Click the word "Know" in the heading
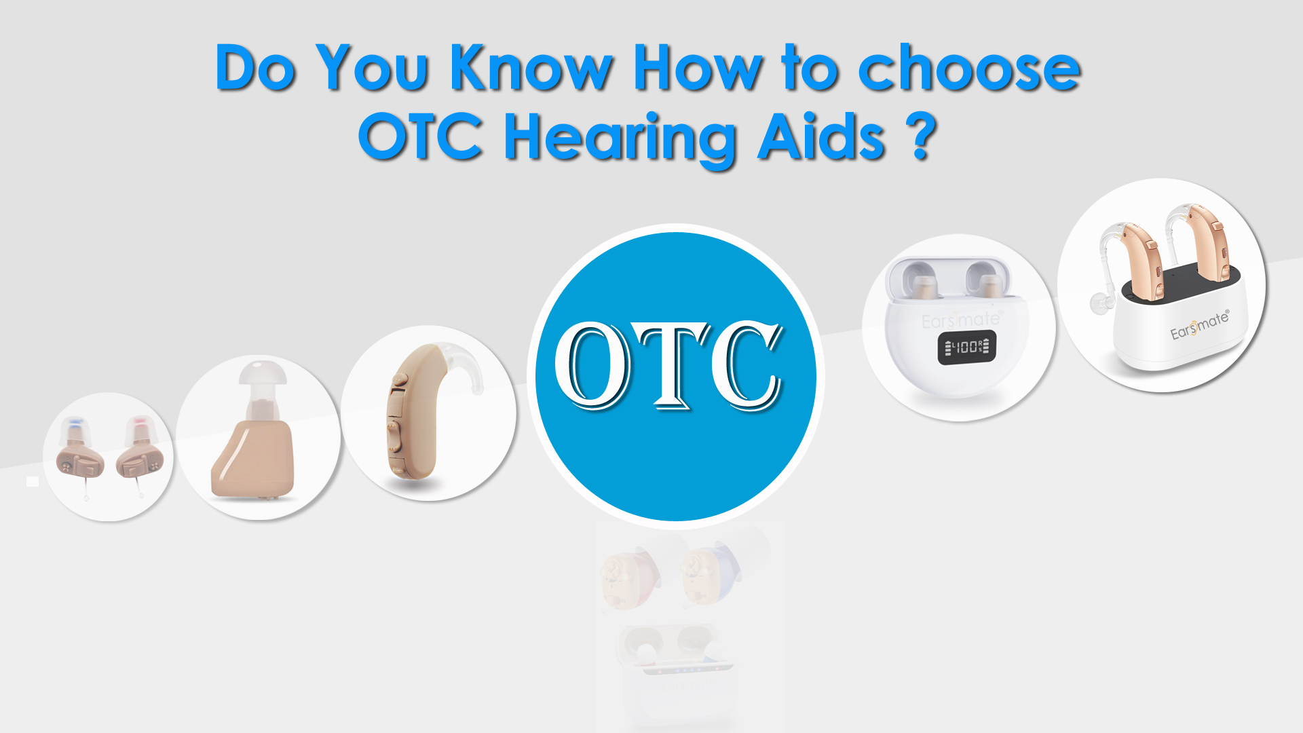point(531,68)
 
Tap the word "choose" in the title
point(969,68)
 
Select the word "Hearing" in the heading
point(620,138)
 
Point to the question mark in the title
point(921,137)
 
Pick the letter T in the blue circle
point(672,366)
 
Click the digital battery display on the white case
point(967,347)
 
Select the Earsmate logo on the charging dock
point(1199,325)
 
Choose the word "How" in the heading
point(698,68)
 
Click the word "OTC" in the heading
point(421,137)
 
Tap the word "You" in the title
point(372,68)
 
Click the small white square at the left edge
point(33,481)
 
